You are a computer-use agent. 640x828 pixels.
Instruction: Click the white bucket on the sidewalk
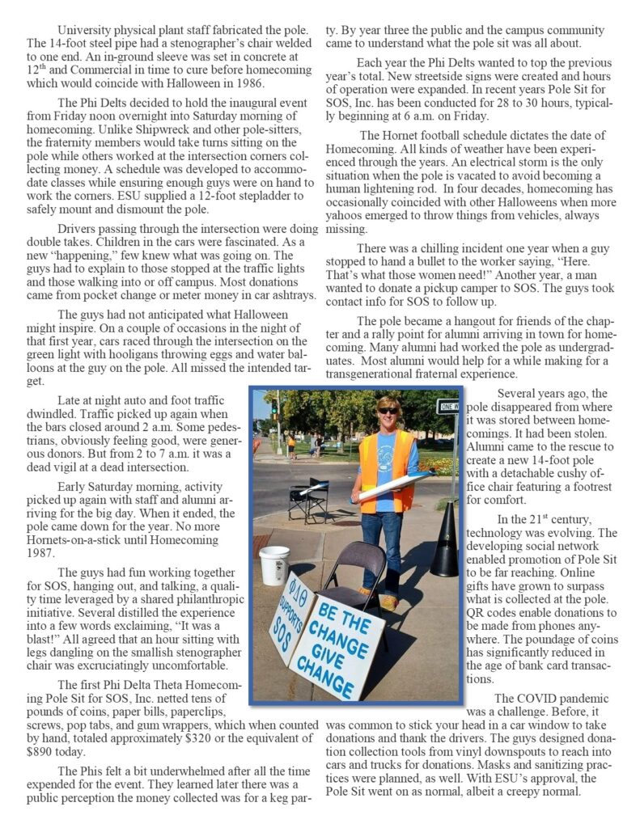(x=274, y=564)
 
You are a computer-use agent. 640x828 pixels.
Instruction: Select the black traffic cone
(x=445, y=542)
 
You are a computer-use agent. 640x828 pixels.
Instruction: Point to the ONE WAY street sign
(x=447, y=407)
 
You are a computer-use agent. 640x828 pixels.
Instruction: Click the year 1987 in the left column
(x=72, y=553)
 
